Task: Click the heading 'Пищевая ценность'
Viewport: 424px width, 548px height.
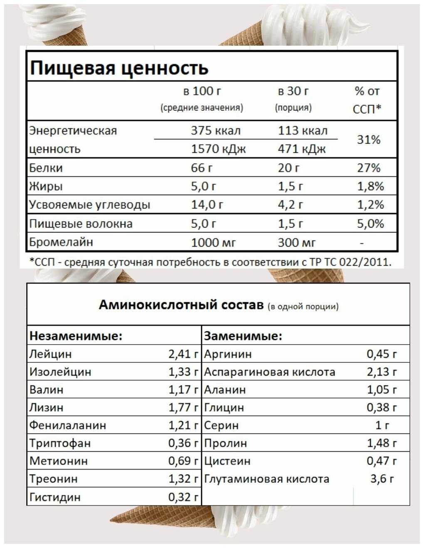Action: point(119,68)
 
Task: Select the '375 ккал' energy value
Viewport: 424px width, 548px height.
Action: point(215,131)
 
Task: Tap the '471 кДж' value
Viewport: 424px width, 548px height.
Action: point(302,149)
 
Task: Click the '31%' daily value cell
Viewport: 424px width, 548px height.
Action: point(369,139)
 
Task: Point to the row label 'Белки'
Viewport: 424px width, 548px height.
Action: point(46,168)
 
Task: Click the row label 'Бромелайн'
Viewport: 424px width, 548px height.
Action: point(61,242)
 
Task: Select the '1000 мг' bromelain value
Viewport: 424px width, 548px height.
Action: point(213,242)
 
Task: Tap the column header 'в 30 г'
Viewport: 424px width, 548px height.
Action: point(293,91)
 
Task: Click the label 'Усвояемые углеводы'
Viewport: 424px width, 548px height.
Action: point(89,205)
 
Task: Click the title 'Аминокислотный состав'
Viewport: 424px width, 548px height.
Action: point(181,305)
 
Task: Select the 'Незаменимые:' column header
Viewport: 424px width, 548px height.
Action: point(76,336)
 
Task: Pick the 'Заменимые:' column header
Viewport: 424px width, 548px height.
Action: point(243,336)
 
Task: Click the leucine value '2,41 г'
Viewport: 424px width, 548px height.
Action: point(183,354)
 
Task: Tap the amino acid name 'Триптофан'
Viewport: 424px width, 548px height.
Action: point(60,443)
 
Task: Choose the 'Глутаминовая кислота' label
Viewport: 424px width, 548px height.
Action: point(266,479)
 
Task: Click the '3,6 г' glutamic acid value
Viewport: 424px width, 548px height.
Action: point(382,479)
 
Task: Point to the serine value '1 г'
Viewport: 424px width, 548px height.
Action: point(382,426)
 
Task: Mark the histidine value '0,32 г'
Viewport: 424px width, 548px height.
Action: point(183,497)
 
